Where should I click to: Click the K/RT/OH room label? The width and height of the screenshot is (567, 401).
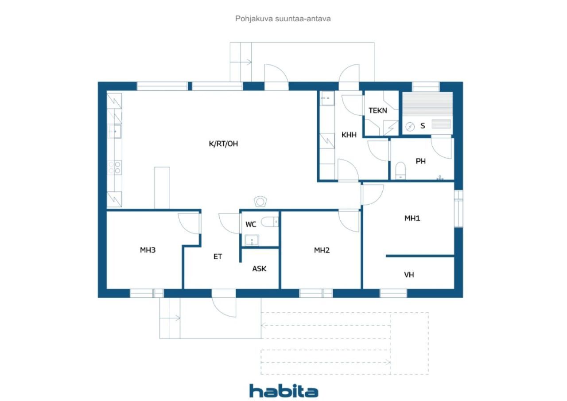pyautogui.click(x=223, y=144)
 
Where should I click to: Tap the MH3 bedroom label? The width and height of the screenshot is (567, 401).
pyautogui.click(x=148, y=250)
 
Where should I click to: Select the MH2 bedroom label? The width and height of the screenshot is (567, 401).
pyautogui.click(x=322, y=250)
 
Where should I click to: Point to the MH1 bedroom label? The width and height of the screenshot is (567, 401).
pyautogui.click(x=412, y=218)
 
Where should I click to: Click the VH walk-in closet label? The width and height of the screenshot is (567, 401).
pyautogui.click(x=409, y=275)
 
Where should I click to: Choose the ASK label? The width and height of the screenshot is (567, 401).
pyautogui.click(x=259, y=269)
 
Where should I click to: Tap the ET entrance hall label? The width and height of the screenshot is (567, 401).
pyautogui.click(x=217, y=257)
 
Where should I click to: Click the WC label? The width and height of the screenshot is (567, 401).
pyautogui.click(x=251, y=224)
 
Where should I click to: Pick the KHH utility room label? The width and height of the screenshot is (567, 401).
pyautogui.click(x=349, y=135)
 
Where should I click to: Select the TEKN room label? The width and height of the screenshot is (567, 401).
pyautogui.click(x=378, y=111)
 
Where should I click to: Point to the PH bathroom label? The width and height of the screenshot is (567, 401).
pyautogui.click(x=421, y=161)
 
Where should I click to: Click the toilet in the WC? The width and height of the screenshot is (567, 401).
pyautogui.click(x=270, y=222)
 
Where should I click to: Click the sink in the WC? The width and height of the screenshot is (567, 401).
pyautogui.click(x=252, y=240)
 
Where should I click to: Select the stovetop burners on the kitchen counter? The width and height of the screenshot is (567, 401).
pyautogui.click(x=114, y=167)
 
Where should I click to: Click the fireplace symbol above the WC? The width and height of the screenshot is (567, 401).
pyautogui.click(x=260, y=202)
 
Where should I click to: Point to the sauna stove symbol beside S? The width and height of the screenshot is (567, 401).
pyautogui.click(x=410, y=126)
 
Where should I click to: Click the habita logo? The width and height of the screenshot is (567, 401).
pyautogui.click(x=284, y=391)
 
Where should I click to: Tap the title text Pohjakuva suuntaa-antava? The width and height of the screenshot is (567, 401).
pyautogui.click(x=283, y=19)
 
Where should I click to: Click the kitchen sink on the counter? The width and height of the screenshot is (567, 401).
pyautogui.click(x=114, y=132)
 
